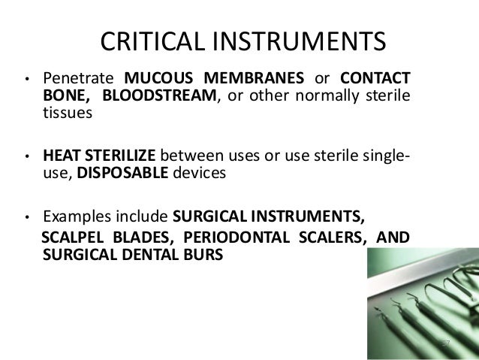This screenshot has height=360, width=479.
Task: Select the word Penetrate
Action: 77,78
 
